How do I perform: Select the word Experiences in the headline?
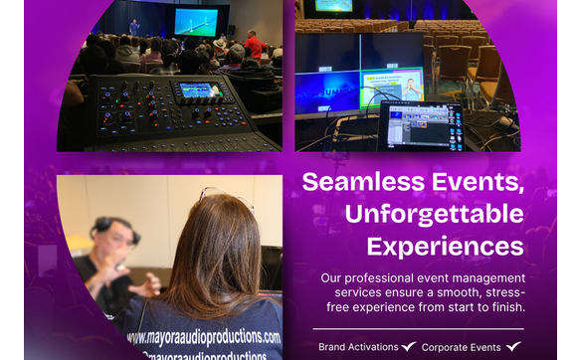tap(445, 246)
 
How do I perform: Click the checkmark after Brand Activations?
tap(408, 347)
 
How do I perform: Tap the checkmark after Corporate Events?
tap(512, 347)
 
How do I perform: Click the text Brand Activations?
tap(357, 347)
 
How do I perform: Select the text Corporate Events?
tap(461, 347)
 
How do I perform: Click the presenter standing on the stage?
tap(134, 27)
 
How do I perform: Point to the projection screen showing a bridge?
tap(195, 22)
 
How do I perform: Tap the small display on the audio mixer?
tap(200, 90)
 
